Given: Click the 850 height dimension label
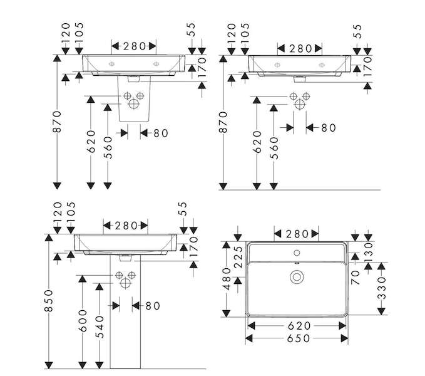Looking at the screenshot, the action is tap(49, 301).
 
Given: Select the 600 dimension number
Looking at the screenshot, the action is tap(83, 321).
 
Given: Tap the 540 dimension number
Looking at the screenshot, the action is tap(100, 327).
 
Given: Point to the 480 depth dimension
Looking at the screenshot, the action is tap(227, 279).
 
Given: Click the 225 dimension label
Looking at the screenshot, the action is tap(238, 257).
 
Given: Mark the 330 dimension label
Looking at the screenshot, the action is tap(381, 288).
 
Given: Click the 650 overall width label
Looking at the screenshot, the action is tap(298, 338).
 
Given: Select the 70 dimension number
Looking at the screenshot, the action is tap(355, 277).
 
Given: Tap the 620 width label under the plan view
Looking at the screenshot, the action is tap(299, 326).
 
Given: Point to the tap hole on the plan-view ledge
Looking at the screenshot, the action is tap(297, 253).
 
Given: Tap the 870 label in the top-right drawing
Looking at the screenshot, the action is tap(223, 122).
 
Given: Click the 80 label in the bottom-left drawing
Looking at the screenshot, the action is tap(153, 306).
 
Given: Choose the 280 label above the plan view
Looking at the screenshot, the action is tap(297, 234).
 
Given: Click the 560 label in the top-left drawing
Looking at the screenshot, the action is tap(108, 147).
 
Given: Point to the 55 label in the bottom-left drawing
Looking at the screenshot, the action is tap(184, 209).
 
